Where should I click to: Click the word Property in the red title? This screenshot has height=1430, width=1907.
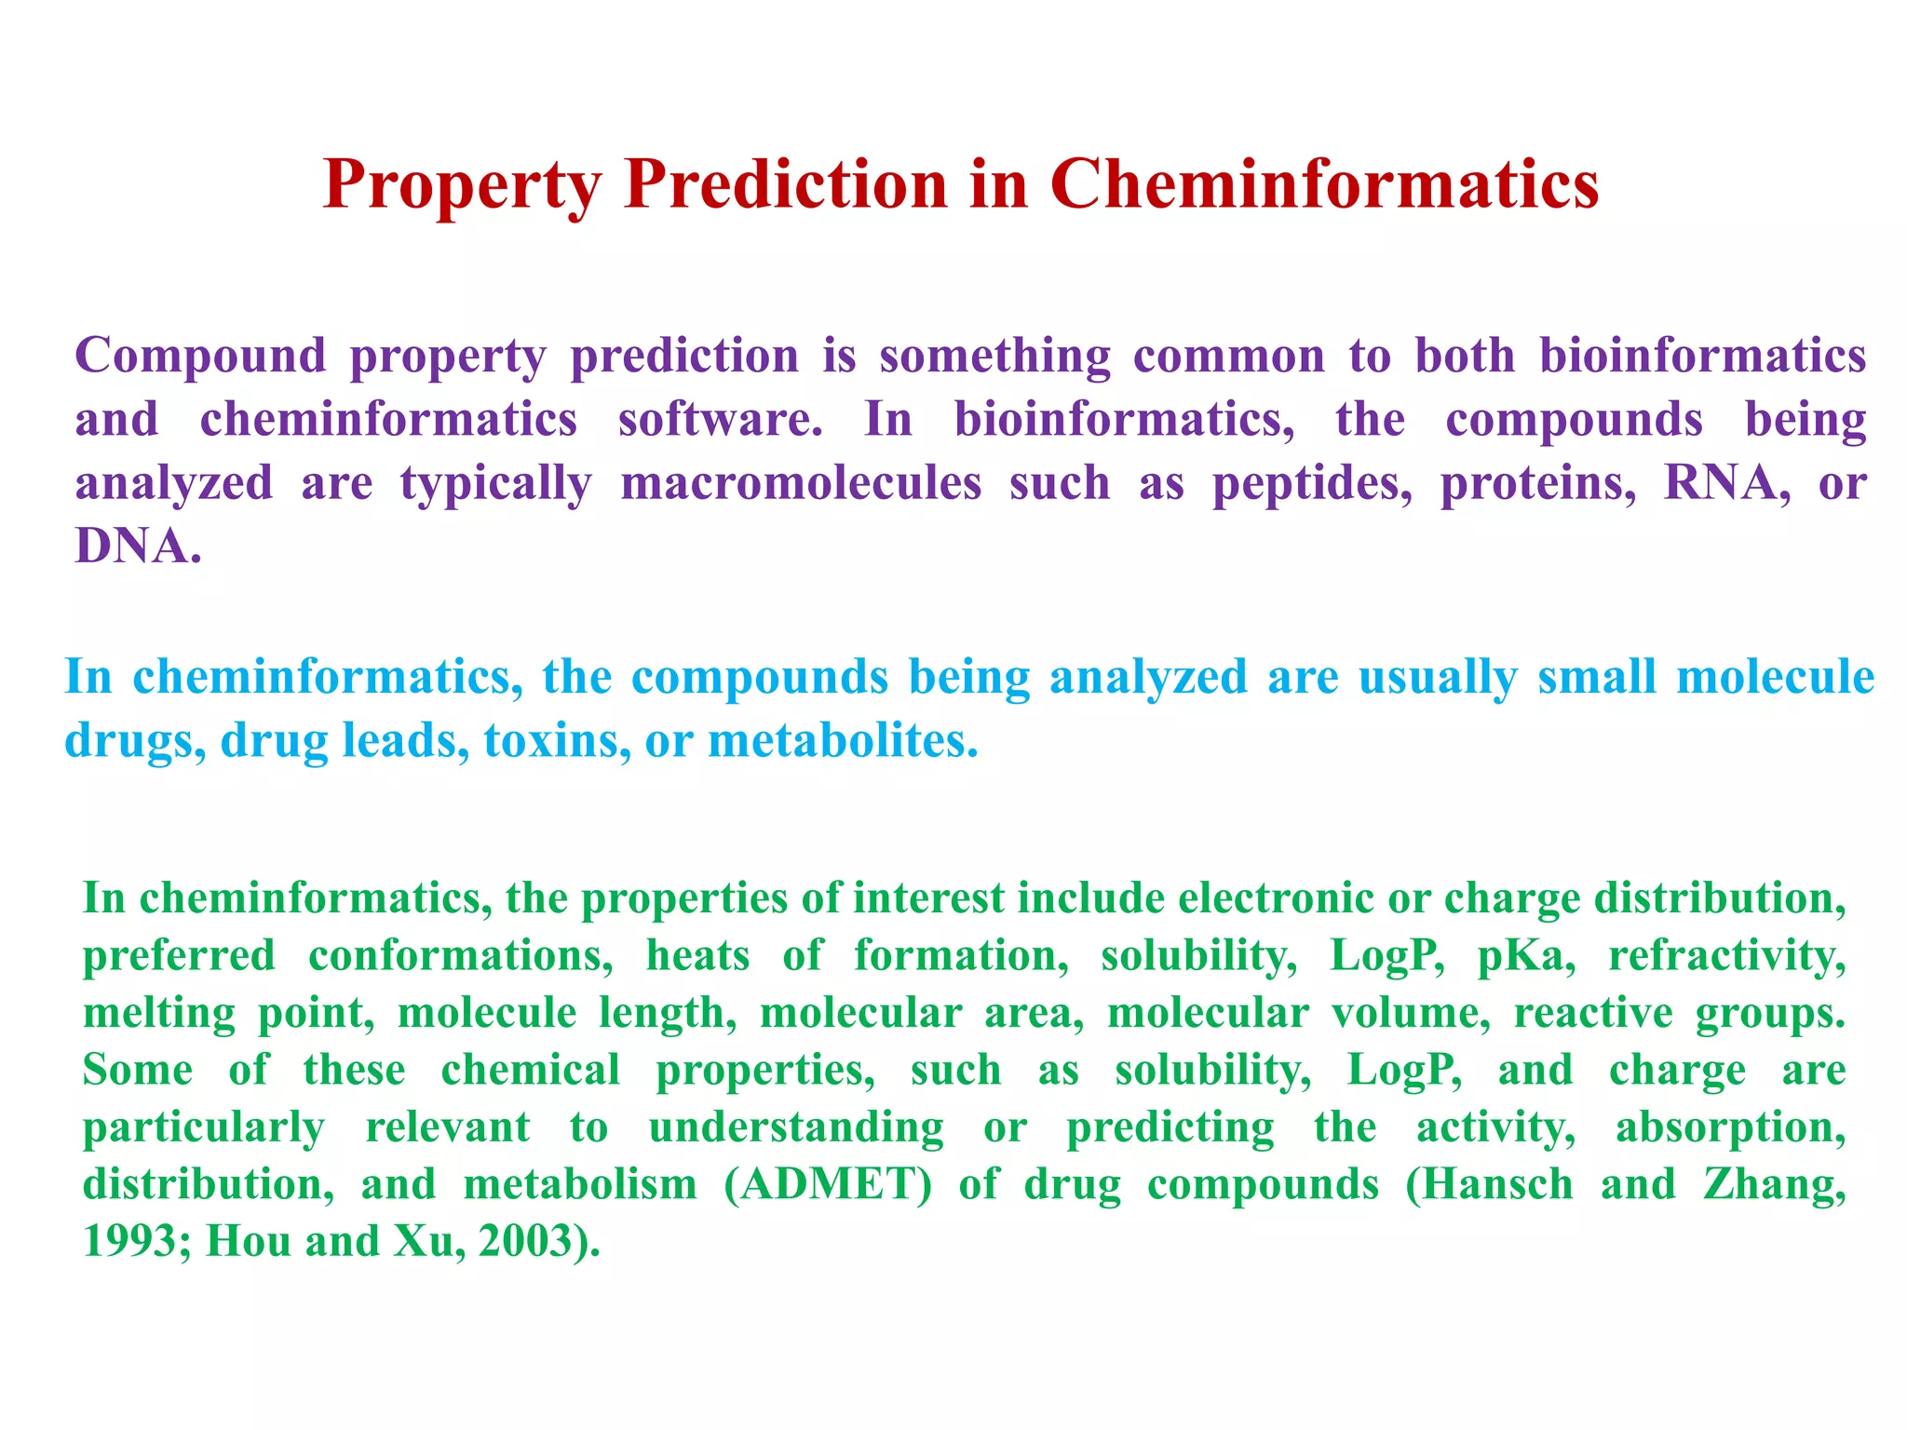click(462, 185)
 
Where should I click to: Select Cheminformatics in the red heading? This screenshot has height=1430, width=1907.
click(1324, 183)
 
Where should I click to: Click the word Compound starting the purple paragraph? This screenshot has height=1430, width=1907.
click(200, 356)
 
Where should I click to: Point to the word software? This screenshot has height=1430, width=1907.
click(720, 419)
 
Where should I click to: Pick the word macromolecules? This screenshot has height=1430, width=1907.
click(801, 483)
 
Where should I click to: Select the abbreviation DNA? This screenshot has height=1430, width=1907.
click(135, 546)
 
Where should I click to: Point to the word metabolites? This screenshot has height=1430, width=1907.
click(842, 741)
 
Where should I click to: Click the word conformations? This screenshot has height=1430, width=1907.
click(460, 956)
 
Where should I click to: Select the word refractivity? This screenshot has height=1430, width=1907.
click(1726, 956)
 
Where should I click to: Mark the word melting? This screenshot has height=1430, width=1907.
click(159, 1014)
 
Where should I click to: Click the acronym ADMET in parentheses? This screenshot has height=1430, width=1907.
click(828, 1185)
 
